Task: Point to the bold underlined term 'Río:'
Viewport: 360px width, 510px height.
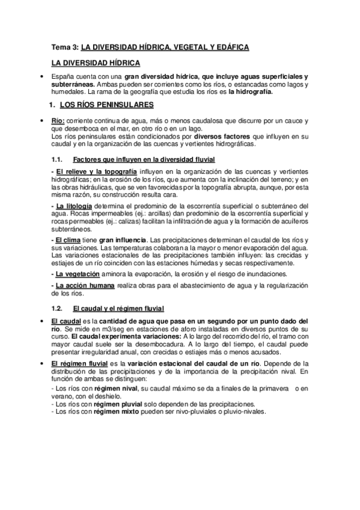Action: pyautogui.click(x=58, y=120)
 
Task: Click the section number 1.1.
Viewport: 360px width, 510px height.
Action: pyautogui.click(x=58, y=159)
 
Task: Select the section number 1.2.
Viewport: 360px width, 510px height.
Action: pyautogui.click(x=58, y=309)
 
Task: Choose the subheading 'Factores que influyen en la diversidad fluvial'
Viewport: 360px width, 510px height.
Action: pyautogui.click(x=144, y=159)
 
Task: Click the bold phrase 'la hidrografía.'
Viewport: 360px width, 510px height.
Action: pyautogui.click(x=249, y=92)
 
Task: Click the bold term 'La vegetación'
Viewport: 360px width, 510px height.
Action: pyautogui.click(x=76, y=273)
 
